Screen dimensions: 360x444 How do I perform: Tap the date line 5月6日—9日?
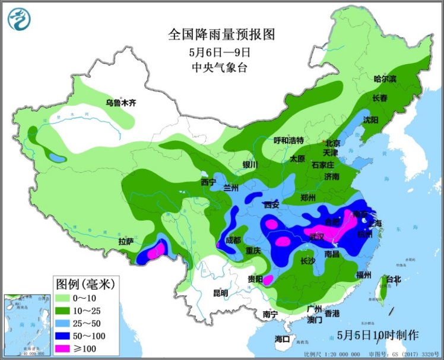point(222,52)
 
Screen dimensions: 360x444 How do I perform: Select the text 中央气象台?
point(222,67)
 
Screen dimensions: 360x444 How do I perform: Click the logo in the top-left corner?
point(18,18)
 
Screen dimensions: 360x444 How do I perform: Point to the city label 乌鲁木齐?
point(121,102)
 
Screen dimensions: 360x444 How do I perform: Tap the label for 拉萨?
point(126,241)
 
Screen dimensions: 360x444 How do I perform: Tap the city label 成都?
point(233,240)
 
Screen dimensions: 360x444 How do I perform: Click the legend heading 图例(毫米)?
point(84,281)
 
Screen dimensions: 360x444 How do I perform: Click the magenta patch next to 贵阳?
point(268,280)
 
